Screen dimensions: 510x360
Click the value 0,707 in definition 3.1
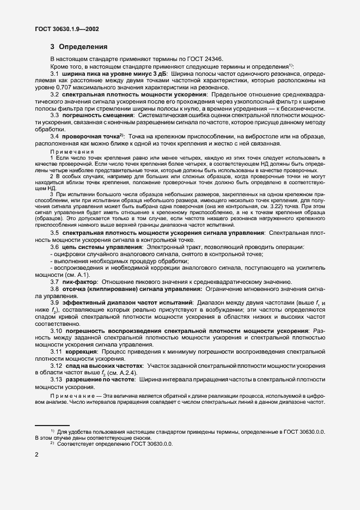[75, 88]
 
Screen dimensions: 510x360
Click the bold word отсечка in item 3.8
[78, 289]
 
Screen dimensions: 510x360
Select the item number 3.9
[55, 303]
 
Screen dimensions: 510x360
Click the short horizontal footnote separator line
[52, 424]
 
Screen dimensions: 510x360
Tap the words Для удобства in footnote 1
[73, 432]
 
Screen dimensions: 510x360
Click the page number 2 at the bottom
[36, 454]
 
